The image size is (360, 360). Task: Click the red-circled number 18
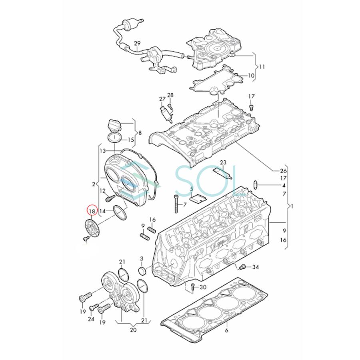(x=92, y=211)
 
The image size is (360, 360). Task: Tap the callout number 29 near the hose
(x=137, y=43)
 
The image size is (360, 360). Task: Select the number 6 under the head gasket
(x=226, y=330)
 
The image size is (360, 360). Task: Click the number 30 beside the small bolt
(x=203, y=287)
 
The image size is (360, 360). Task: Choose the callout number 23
(x=223, y=162)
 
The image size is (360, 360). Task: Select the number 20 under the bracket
(x=133, y=330)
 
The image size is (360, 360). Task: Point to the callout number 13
(x=102, y=151)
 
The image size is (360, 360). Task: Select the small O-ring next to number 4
(x=256, y=185)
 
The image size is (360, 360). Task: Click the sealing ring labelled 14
(x=119, y=212)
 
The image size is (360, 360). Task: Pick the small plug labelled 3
(x=142, y=272)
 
